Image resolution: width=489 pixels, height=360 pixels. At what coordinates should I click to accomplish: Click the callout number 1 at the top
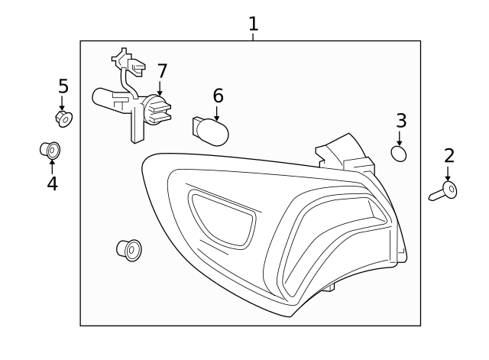tap(253, 24)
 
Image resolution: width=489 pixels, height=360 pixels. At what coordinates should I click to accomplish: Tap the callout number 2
tap(449, 156)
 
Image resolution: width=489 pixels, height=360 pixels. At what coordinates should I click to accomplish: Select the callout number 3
tap(401, 120)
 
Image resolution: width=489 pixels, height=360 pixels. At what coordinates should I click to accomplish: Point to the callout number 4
tap(52, 183)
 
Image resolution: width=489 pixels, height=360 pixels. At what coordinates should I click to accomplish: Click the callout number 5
tap(63, 86)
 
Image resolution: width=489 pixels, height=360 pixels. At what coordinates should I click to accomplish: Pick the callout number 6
tap(218, 96)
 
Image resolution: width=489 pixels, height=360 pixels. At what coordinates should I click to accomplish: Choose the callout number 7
tap(162, 71)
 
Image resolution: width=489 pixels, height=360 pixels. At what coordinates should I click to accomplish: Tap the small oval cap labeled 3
tap(399, 154)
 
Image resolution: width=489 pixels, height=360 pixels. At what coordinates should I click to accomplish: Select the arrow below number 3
tap(400, 138)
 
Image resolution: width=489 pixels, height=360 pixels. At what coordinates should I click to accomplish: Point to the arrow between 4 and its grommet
tap(52, 166)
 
